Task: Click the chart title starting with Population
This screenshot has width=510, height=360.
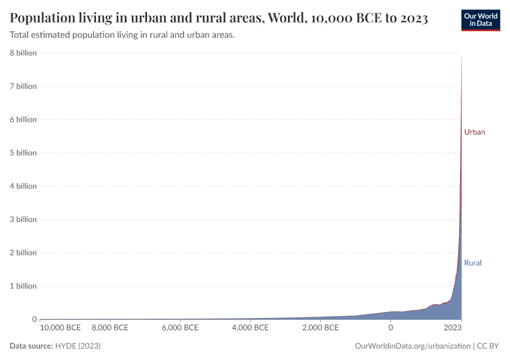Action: tap(219, 18)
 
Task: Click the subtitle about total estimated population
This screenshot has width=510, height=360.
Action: tap(122, 35)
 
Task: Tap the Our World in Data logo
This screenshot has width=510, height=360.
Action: tap(480, 19)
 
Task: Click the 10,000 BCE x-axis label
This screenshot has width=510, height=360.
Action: tap(61, 328)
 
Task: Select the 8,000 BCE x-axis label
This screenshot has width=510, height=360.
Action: tap(110, 328)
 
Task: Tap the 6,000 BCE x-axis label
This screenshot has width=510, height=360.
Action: tap(180, 328)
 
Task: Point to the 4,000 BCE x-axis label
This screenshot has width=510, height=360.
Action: tap(250, 328)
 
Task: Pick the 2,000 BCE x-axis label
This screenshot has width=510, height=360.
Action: tap(320, 328)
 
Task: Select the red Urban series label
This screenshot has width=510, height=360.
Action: tap(474, 132)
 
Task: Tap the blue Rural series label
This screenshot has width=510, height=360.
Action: tap(473, 263)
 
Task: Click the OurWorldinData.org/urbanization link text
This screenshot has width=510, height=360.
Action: tap(413, 346)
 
